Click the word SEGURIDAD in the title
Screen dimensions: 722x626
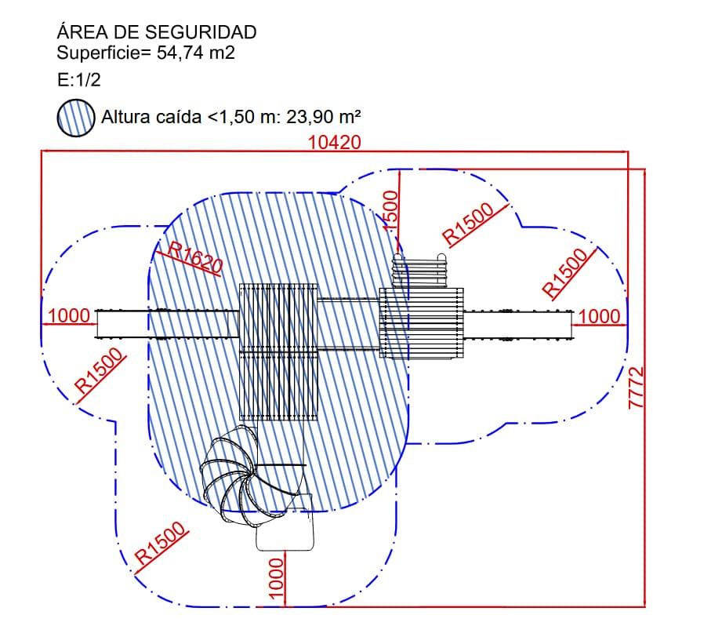pyautogui.click(x=201, y=32)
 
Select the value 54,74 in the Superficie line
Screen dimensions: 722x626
pyautogui.click(x=180, y=53)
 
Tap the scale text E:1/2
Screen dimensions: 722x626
pyautogui.click(x=78, y=80)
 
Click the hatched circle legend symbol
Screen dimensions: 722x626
pyautogui.click(x=76, y=118)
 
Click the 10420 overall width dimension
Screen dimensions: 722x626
pyautogui.click(x=334, y=142)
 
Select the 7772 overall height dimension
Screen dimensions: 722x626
pyautogui.click(x=637, y=388)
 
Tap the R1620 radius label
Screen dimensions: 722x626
pyautogui.click(x=194, y=257)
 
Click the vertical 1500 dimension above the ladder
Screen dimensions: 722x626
pyautogui.click(x=390, y=212)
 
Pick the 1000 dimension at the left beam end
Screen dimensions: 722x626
pyautogui.click(x=69, y=316)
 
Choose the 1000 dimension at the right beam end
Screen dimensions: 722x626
pyautogui.click(x=599, y=316)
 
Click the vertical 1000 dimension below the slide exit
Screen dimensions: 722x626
pyautogui.click(x=275, y=579)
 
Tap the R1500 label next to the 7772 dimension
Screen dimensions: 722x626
pyautogui.click(x=565, y=273)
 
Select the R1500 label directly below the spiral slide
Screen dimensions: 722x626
pyautogui.click(x=160, y=544)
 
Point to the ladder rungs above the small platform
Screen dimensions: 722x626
pyautogui.click(x=419, y=271)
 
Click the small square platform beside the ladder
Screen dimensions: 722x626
pyautogui.click(x=421, y=323)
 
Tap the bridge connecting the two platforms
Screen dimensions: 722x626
pyautogui.click(x=348, y=324)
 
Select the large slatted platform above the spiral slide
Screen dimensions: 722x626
pyautogui.click(x=278, y=352)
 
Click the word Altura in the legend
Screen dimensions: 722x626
pyautogui.click(x=125, y=117)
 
